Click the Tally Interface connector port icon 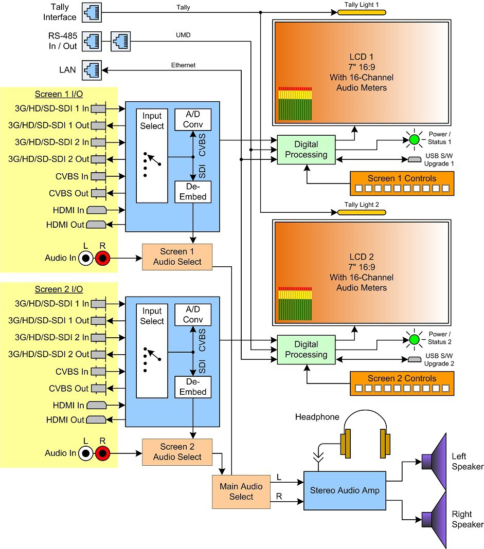(92, 13)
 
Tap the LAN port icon (92, 70)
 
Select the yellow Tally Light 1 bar (362, 13)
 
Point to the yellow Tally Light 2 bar (362, 212)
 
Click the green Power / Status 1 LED (415, 140)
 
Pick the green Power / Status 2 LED (415, 340)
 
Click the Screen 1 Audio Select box (177, 257)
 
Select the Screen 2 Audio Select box (177, 452)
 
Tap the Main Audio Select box (241, 491)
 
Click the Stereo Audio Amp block (345, 490)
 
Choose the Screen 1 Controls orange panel (402, 184)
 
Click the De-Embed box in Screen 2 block (193, 387)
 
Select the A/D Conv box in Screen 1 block (193, 119)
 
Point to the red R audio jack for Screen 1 (103, 259)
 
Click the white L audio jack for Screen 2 (85, 453)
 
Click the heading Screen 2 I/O (59, 289)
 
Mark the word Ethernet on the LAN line (183, 65)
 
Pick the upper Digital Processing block (306, 150)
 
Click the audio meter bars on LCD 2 (295, 304)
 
